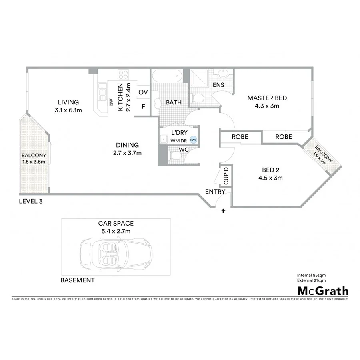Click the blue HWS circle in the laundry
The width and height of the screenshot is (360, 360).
tap(193, 140)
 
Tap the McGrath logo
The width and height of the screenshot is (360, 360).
tap(322, 291)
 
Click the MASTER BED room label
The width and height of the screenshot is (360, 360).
tap(267, 98)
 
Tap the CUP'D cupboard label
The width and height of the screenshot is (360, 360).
tap(226, 176)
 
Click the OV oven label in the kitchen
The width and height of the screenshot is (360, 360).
tap(143, 92)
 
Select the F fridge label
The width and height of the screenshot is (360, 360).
tap(143, 106)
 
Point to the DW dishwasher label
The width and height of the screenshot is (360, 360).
tap(112, 102)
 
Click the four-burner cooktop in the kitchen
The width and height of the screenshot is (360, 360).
tap(123, 74)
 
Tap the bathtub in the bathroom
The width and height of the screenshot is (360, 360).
tap(167, 75)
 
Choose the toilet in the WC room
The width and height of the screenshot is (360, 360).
tap(175, 157)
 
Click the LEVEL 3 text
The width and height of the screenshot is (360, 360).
tap(31, 201)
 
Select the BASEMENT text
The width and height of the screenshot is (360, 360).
tap(78, 280)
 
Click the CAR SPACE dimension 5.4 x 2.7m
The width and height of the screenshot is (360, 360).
tap(116, 231)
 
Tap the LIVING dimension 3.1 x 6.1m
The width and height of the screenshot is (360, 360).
tap(68, 110)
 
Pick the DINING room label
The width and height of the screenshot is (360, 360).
tap(127, 145)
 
